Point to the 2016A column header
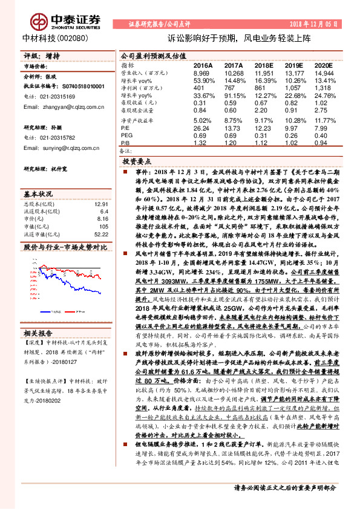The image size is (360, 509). (x=203, y=65)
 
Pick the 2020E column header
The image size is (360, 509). (x=323, y=65)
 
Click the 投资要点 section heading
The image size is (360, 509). (x=137, y=163)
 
